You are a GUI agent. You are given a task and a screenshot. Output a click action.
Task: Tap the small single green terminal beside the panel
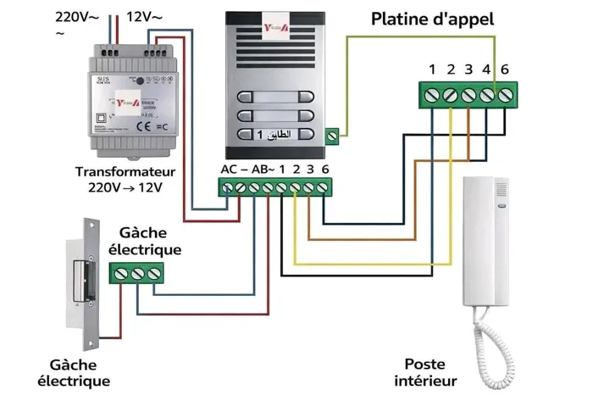pyautogui.click(x=332, y=134)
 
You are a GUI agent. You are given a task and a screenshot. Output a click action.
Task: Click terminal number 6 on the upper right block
pyautogui.click(x=507, y=95)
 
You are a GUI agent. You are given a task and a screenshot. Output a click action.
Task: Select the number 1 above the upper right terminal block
pyautogui.click(x=432, y=69)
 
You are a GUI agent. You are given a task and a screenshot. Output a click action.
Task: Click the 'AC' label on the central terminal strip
pyautogui.click(x=229, y=169)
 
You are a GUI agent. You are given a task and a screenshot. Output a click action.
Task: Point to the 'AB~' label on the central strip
pyautogui.click(x=263, y=169)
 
